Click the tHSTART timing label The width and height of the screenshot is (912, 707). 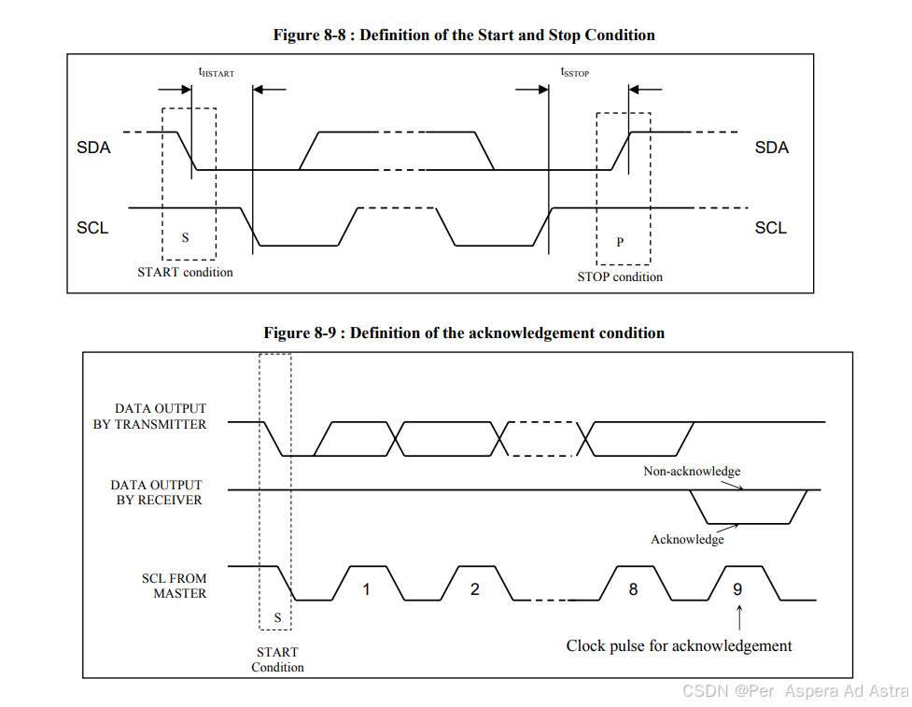[x=216, y=72]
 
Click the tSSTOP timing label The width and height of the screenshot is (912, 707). [x=574, y=72]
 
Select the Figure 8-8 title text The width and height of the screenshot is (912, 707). [x=464, y=35]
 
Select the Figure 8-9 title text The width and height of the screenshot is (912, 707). [x=464, y=332]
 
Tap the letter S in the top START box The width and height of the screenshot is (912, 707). [x=185, y=238]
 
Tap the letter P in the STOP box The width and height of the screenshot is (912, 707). [x=620, y=242]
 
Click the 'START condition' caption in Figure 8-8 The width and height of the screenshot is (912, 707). [x=185, y=272]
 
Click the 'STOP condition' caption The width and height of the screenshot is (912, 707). [x=620, y=276]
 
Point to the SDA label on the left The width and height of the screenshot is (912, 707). [x=93, y=148]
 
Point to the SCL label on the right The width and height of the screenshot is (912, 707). [x=771, y=228]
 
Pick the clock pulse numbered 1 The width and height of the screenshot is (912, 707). [x=367, y=589]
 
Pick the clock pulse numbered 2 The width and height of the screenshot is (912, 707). [x=475, y=589]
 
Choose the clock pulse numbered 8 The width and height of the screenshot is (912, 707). [x=633, y=589]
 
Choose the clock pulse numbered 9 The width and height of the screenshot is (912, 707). [x=737, y=589]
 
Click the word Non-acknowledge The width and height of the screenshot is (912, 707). [x=692, y=471]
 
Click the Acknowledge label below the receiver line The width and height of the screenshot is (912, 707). [x=687, y=539]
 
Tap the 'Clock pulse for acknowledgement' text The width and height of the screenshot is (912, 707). [x=679, y=645]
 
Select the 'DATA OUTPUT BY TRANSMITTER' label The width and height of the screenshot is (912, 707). [x=161, y=417]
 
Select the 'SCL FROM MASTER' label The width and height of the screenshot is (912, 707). [x=175, y=586]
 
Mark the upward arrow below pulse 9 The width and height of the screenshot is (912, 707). [x=739, y=617]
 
